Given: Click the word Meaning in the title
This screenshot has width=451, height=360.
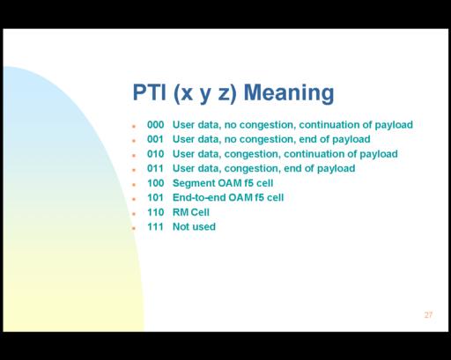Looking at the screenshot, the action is click(x=289, y=93).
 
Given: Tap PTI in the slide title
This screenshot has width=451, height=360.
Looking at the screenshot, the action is click(x=150, y=92).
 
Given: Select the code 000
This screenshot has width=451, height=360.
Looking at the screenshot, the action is click(x=155, y=125).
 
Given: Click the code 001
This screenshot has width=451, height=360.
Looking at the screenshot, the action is click(x=155, y=139).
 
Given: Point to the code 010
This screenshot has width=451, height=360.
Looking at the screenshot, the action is click(x=155, y=154).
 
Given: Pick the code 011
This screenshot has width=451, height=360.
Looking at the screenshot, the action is click(x=155, y=168).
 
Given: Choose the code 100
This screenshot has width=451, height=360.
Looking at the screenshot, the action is click(x=155, y=183).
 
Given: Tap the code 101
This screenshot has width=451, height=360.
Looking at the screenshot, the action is click(x=155, y=197).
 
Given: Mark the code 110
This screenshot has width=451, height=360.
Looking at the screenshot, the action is click(x=155, y=212).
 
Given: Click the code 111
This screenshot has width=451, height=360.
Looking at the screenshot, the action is click(x=155, y=226).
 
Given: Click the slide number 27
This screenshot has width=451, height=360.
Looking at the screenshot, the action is click(x=428, y=315).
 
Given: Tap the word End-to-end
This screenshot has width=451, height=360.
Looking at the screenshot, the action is click(x=199, y=197).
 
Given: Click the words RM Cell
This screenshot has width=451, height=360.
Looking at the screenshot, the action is click(x=191, y=212).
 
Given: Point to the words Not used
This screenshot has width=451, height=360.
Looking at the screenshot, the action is click(x=194, y=226).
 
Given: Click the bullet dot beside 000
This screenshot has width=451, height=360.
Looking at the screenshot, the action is click(x=134, y=126).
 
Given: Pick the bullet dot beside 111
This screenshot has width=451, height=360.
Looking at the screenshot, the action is click(x=134, y=228).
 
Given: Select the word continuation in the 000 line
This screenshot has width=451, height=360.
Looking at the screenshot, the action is click(x=329, y=125).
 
